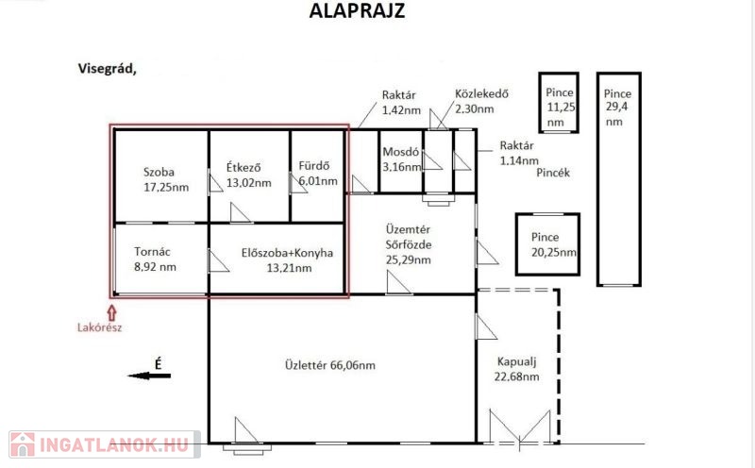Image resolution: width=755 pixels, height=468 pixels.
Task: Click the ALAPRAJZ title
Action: pos(357,10)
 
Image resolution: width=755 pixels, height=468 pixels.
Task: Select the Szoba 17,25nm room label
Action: pos(166,179)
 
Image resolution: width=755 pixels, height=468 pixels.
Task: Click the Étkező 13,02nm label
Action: pos(249,175)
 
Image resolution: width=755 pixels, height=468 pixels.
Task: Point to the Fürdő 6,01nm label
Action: pos(318,174)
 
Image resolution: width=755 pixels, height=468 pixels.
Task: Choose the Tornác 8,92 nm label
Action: pos(155,259)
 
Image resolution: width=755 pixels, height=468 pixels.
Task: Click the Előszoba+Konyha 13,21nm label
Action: pos(288,260)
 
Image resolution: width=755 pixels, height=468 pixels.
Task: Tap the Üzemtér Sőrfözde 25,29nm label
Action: pos(409,244)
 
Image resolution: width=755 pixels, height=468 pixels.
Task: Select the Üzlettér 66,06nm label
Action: pos(329,365)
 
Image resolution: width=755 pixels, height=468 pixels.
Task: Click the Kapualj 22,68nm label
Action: pos(516,369)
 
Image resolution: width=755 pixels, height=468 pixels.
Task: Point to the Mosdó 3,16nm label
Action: pos(402,159)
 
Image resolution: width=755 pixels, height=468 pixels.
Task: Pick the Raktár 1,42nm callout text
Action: pos(401,103)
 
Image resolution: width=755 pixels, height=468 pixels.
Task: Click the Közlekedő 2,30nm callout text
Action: pos(481,101)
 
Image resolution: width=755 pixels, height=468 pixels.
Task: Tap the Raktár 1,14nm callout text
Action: pos(519,153)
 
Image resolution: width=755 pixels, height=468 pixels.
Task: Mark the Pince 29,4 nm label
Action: pos(618,108)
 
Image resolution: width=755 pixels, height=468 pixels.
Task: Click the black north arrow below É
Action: pos(149,376)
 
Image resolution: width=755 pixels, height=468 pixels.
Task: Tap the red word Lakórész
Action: pos(100,328)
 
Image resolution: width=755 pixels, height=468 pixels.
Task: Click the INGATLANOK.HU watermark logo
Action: pos(105,444)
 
